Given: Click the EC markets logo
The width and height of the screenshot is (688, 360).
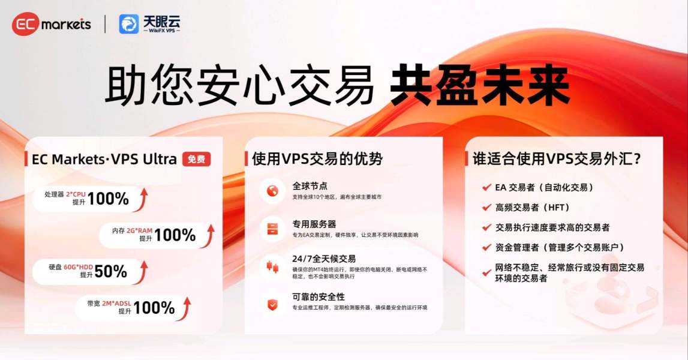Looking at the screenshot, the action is pos(52,24).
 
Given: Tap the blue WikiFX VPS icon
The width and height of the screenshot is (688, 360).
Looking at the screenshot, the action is pos(128,24).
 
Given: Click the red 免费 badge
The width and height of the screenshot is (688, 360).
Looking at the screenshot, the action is pos(197,159).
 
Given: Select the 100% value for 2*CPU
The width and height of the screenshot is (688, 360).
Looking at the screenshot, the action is pos(108,199).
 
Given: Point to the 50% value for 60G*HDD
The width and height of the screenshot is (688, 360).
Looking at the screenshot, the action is pos(110,271).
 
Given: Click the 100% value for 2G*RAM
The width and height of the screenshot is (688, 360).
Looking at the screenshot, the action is pos(175,235).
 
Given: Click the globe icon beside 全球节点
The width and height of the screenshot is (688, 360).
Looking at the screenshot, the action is pos(272,191).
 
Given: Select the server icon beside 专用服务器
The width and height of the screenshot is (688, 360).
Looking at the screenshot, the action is pos(272,229).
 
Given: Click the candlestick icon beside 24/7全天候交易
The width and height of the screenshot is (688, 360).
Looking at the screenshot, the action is pos(272,266).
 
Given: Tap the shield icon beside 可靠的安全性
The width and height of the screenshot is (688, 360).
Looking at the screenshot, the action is pos(272,304).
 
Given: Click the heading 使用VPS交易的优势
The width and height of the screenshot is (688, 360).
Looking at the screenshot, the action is pos(317,159).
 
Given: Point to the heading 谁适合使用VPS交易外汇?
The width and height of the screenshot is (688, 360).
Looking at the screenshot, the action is pos(557,159).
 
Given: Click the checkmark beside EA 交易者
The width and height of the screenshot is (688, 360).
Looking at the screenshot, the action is pos(486,187).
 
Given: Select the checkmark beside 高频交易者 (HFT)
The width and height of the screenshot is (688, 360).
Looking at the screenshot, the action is pos(486,207).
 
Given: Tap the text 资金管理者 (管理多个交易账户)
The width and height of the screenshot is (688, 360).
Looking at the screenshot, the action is pos(560,248).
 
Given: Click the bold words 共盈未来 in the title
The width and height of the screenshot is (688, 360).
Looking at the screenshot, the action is pos(480,85).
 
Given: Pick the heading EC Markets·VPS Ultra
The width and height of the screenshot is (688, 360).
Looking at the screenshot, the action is pos(104,159).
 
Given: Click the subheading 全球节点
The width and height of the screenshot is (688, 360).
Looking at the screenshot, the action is pos(310,186).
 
